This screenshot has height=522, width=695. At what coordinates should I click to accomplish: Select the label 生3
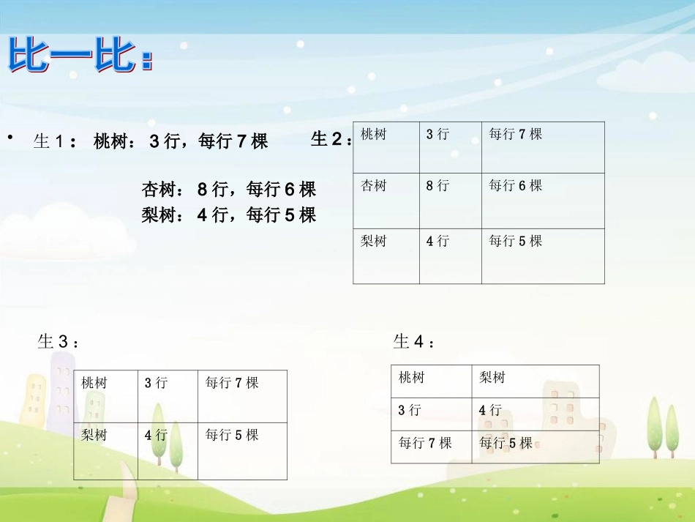click(58, 341)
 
